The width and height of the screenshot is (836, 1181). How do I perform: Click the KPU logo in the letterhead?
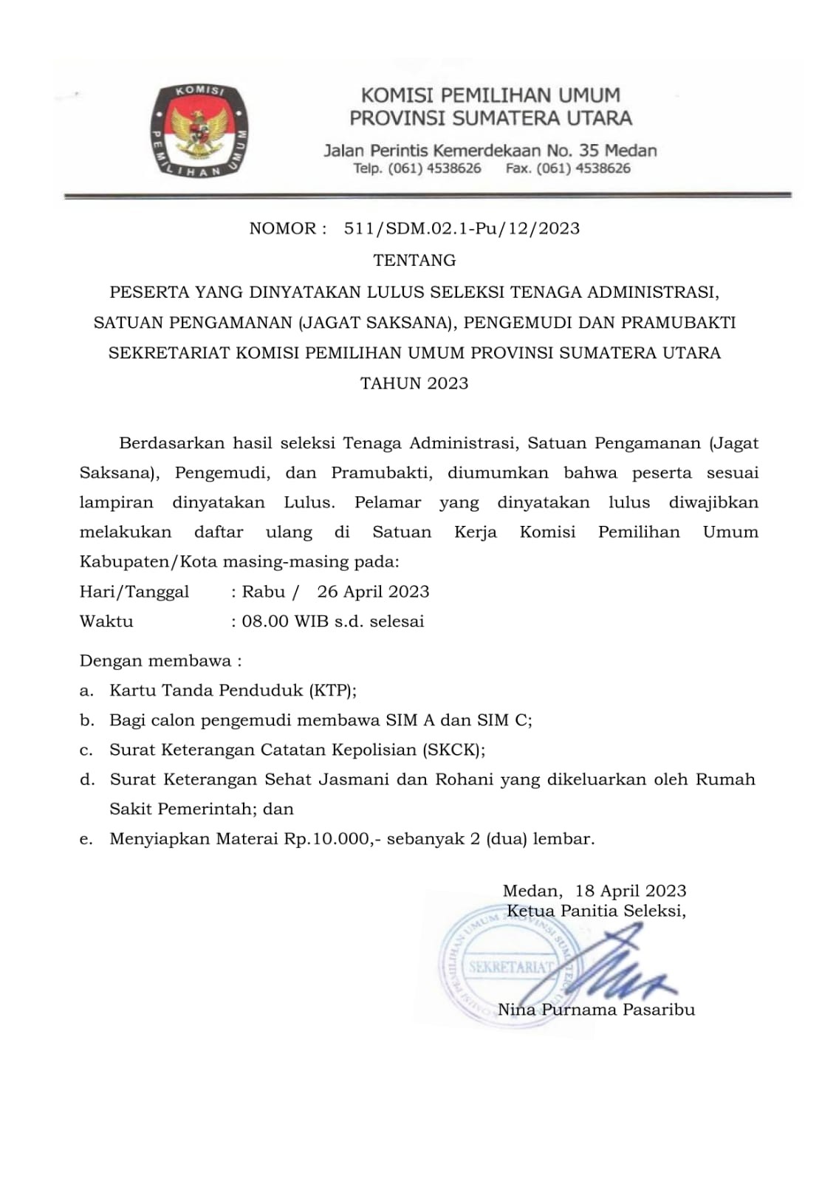point(199,131)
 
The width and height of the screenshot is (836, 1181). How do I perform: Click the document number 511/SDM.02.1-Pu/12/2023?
point(462,228)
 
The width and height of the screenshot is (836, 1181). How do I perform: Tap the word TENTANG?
point(414,260)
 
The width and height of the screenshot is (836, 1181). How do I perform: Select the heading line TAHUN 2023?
point(414,383)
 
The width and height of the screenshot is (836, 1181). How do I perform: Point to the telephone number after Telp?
point(435,168)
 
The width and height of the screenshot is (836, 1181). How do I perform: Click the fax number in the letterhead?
point(583,168)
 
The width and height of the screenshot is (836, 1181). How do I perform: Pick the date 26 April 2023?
point(373,592)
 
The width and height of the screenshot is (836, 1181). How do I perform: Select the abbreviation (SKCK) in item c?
point(453,750)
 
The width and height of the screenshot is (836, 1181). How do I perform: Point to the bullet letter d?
point(87,780)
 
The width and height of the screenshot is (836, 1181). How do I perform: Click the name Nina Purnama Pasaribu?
point(596,1010)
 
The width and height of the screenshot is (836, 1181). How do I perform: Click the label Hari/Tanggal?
point(134,592)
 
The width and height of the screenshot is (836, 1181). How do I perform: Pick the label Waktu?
point(106,621)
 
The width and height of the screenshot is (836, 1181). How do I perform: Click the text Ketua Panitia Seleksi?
point(595,911)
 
